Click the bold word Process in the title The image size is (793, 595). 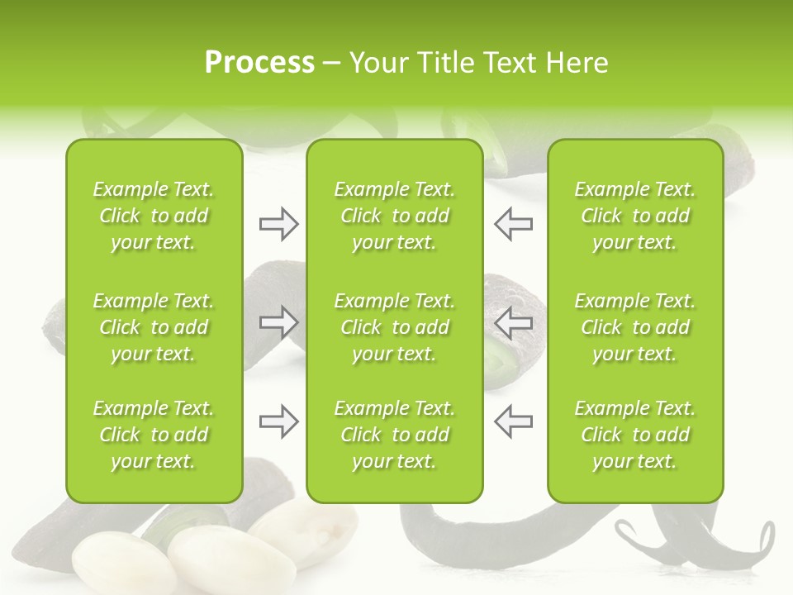tap(259, 63)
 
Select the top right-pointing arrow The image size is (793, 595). tap(278, 224)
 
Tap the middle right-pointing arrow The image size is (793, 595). tap(278, 322)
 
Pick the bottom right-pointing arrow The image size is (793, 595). tap(278, 421)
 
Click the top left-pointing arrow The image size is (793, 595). tap(513, 224)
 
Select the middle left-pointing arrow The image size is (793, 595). tap(513, 322)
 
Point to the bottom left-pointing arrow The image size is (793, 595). tap(513, 421)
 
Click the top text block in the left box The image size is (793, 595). tap(154, 216)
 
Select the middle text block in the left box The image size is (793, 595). tap(154, 327)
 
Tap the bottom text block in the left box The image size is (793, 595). tap(154, 435)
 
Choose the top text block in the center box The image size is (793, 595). tap(395, 216)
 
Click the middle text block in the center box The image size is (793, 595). tap(395, 327)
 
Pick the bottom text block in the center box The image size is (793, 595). tap(395, 435)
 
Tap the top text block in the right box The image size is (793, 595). tap(635, 216)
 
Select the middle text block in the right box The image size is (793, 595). tap(635, 327)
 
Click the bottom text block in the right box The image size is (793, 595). tap(635, 435)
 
